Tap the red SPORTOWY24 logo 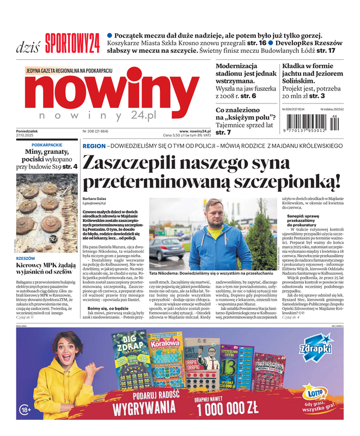coord(72,42)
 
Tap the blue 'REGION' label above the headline coord(94,146)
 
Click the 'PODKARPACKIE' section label coord(47,145)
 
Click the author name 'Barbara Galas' coord(94,198)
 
